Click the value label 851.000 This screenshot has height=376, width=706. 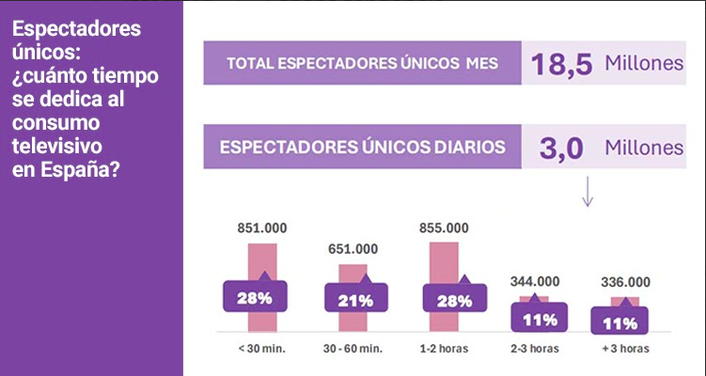pos(261,228)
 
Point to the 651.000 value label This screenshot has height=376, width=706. pos(353,249)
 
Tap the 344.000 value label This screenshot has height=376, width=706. pos(533,281)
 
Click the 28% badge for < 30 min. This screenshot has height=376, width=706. pos(254,298)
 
